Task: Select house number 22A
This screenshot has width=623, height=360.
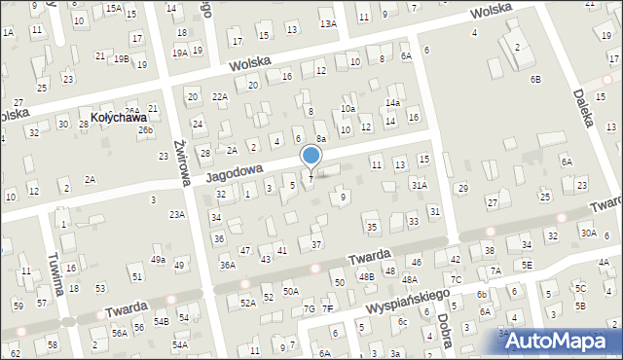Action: (221, 96)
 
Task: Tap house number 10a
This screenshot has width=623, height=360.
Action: (348, 108)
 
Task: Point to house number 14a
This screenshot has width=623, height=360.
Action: (392, 103)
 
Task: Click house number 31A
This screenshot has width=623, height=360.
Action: (419, 184)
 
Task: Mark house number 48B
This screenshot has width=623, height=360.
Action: (366, 276)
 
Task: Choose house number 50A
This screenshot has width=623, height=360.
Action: (290, 291)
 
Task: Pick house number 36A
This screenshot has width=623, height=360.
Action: (227, 265)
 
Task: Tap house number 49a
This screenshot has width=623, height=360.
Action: (158, 260)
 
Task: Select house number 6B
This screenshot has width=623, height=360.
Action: (535, 78)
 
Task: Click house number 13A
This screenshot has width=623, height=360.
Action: (328, 22)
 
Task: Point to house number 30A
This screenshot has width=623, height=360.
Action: (588, 233)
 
